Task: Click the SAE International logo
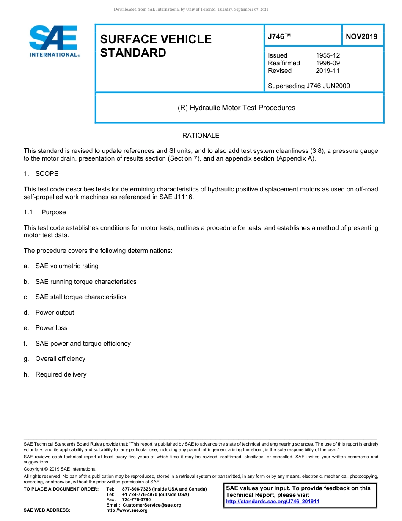(x=54, y=41)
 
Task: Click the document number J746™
(x=279, y=37)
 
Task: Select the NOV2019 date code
(x=361, y=37)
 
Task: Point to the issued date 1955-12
(x=328, y=55)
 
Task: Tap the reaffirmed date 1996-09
(x=328, y=63)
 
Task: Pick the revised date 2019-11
(x=328, y=71)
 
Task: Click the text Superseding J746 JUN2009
(x=309, y=86)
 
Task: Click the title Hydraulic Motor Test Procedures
(x=236, y=108)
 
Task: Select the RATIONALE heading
(x=201, y=136)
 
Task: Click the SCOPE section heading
(x=47, y=174)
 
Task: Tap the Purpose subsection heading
(x=53, y=212)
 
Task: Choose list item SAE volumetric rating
(x=67, y=266)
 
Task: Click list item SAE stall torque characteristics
(x=81, y=297)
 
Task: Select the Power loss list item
(x=51, y=328)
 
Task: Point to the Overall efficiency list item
(x=60, y=359)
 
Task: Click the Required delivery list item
(x=61, y=374)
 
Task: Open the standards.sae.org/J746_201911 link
(x=273, y=502)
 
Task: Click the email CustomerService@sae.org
(x=151, y=505)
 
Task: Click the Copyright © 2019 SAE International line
(x=60, y=469)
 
